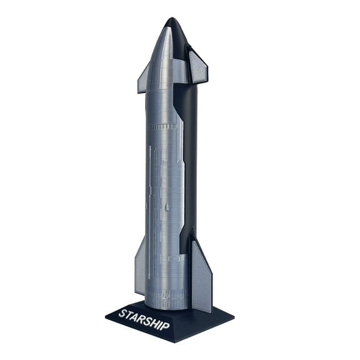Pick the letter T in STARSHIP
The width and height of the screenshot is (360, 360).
coord(129,314)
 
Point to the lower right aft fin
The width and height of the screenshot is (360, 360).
coord(201,275)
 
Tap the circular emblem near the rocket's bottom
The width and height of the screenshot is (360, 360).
coord(176,257)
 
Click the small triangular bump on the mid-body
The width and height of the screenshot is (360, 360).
coord(167,206)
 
